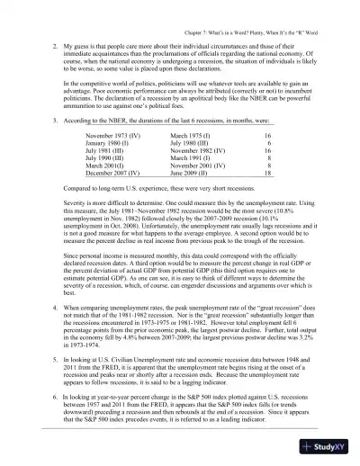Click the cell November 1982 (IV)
click(201, 150)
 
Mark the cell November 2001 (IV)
click(201, 166)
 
